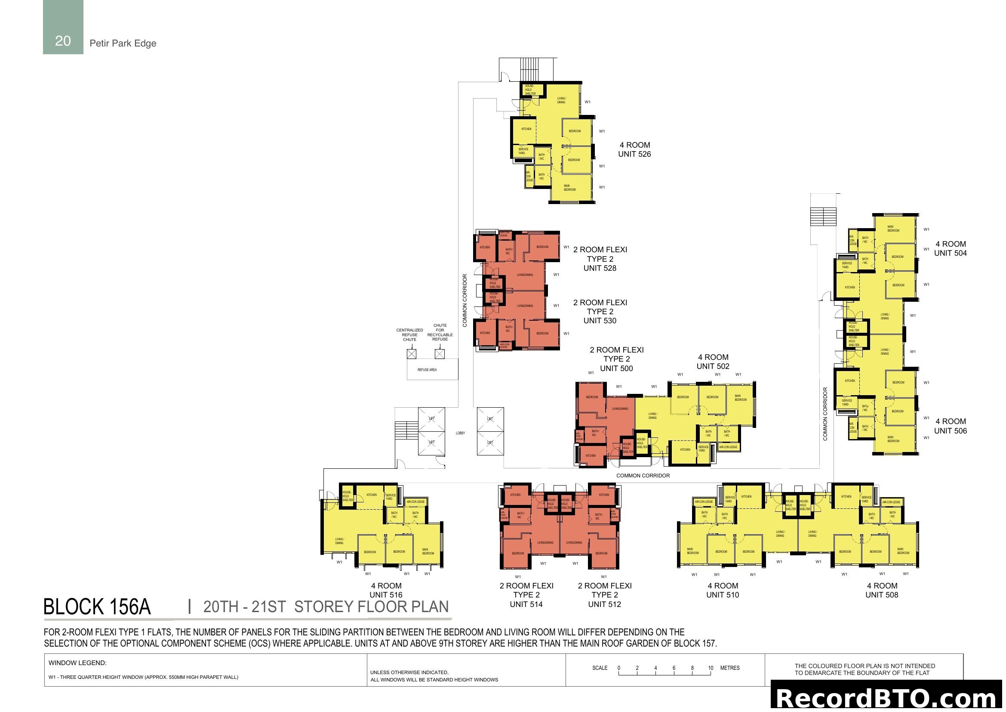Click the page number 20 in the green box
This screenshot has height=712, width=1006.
[63, 41]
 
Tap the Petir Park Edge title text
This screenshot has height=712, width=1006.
[123, 43]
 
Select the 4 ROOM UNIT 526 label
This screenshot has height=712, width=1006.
[634, 149]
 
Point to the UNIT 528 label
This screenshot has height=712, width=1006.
[600, 268]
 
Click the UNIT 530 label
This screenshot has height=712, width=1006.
[600, 321]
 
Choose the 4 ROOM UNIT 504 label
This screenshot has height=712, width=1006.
[950, 248]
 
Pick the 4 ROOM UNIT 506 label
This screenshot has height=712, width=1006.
[950, 426]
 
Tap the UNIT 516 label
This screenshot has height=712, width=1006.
[385, 594]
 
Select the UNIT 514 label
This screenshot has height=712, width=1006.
[526, 604]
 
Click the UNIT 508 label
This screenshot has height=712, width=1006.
[881, 594]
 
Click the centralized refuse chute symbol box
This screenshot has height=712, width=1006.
[412, 353]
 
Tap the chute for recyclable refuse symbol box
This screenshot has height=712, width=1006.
[440, 353]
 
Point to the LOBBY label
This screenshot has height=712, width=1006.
[460, 433]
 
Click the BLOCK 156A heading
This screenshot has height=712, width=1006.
[97, 607]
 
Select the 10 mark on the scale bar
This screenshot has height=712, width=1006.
[710, 668]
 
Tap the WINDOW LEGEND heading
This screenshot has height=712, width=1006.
[77, 663]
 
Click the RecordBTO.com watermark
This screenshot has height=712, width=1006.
[887, 698]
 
